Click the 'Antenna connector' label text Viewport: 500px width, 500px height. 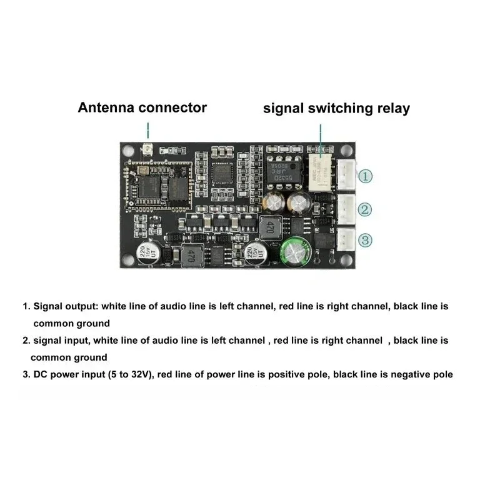coord(142,107)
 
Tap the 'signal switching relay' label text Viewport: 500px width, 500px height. coord(336,108)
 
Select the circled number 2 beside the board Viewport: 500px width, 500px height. coord(366,209)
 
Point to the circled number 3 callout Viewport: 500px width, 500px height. coord(366,239)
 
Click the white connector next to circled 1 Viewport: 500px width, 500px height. coord(346,174)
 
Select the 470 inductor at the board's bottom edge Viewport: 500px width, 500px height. coord(192,256)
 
